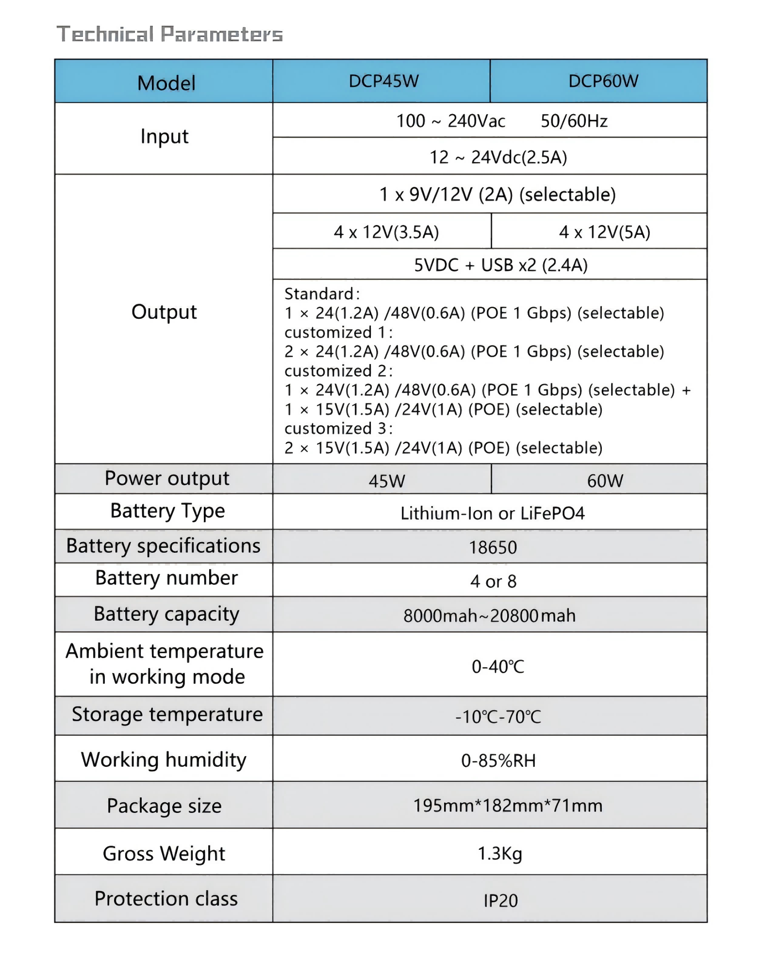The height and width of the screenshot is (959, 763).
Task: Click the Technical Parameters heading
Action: click(169, 34)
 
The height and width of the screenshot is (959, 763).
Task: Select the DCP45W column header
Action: click(383, 81)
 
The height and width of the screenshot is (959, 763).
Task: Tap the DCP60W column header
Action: click(603, 81)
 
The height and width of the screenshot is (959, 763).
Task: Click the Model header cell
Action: click(166, 83)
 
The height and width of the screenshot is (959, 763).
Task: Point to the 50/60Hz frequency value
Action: click(574, 121)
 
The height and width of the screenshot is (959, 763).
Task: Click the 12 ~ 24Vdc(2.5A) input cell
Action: click(498, 157)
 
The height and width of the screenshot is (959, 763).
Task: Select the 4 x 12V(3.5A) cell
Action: click(386, 232)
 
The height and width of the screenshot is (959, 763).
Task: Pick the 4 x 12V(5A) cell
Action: click(604, 232)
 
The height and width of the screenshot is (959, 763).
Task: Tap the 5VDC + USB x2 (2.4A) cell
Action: click(500, 265)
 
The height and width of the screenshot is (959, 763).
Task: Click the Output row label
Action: click(164, 312)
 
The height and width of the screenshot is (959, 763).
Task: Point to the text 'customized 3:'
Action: click(338, 429)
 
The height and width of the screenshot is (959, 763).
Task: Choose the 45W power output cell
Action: click(386, 481)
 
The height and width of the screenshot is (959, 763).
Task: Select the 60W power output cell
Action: click(605, 481)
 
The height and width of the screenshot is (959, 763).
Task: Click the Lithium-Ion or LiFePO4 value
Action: click(492, 513)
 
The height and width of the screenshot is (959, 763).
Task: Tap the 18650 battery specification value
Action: click(492, 547)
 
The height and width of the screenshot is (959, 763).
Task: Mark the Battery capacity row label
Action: click(166, 614)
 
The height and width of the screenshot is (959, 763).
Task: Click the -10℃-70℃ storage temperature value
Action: click(498, 716)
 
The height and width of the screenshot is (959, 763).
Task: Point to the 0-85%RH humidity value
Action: click(498, 761)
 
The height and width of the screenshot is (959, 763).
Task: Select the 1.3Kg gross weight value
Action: click(499, 853)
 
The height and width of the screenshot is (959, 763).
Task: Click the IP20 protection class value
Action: click(500, 901)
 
